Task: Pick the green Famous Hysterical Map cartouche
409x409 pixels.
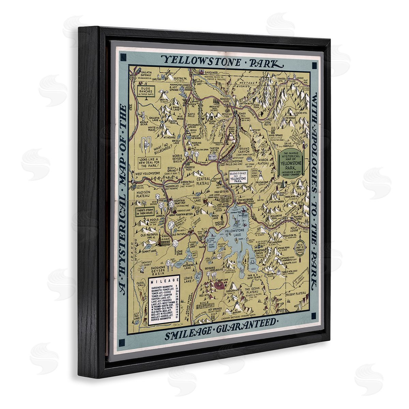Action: (292, 163)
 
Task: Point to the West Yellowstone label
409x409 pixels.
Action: (147, 173)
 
